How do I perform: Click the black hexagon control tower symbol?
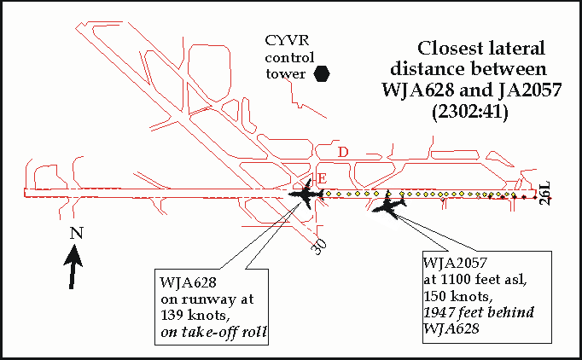[x=323, y=74]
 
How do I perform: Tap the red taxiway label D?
[x=343, y=152]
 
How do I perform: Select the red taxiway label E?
[x=322, y=177]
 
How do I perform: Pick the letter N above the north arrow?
[x=76, y=233]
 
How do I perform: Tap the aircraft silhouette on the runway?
[x=306, y=195]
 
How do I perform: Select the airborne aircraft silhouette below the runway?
[x=390, y=207]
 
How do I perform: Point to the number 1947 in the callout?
[x=442, y=312]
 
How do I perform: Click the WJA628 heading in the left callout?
[x=185, y=283]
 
